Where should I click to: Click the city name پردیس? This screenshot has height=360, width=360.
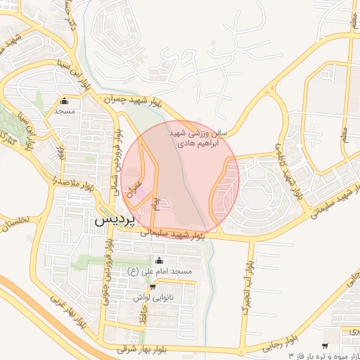point(113,219)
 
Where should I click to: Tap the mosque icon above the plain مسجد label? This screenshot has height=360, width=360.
point(65,101)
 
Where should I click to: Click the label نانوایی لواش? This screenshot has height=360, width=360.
point(153,297)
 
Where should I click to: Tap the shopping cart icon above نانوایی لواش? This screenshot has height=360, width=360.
point(152,287)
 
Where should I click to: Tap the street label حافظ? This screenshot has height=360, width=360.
point(143,317)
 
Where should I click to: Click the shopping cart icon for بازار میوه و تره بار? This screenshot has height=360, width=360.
point(324,345)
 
